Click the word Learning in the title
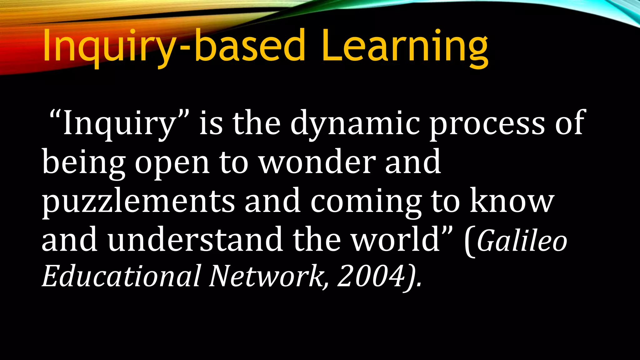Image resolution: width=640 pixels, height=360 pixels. pos(405,46)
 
